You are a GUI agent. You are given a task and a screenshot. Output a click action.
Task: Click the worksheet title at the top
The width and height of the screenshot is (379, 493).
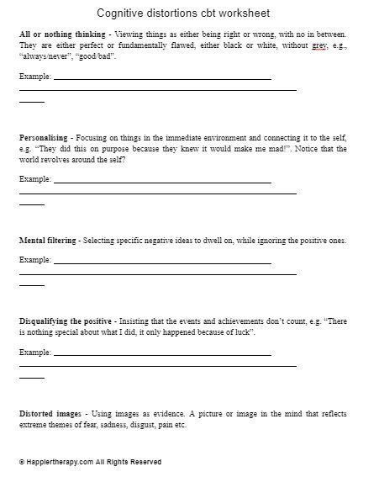(x=189, y=13)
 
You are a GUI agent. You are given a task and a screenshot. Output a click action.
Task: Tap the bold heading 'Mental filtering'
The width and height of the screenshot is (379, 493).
(x=48, y=241)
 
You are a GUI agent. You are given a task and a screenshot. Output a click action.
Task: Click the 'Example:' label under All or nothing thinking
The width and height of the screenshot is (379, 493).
(x=35, y=77)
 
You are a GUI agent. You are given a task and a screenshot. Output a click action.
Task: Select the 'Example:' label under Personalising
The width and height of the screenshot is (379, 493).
(x=35, y=180)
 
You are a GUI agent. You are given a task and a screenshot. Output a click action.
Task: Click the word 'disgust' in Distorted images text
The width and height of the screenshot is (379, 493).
(x=137, y=426)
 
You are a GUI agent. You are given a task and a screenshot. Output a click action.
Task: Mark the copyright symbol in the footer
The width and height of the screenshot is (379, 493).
(x=21, y=462)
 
